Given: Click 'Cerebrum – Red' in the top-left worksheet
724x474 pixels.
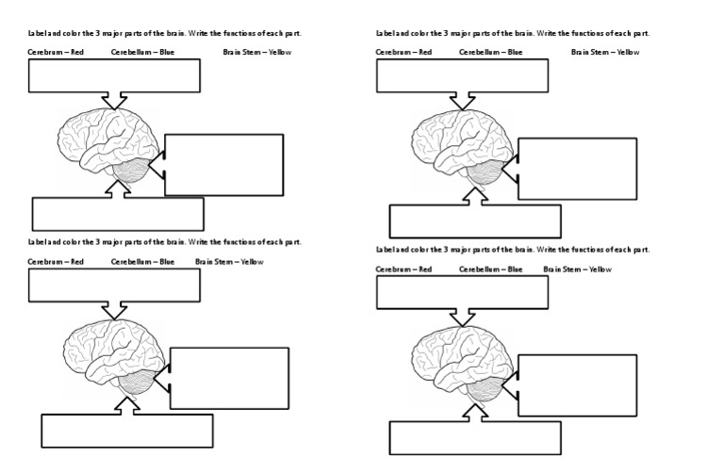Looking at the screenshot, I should pyautogui.click(x=56, y=52).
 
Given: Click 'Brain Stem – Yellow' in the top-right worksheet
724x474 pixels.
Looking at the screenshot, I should pyautogui.click(x=604, y=52).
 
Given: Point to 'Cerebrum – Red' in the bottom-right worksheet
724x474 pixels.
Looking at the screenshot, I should pyautogui.click(x=403, y=270).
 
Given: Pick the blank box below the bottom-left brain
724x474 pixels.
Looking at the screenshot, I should pyautogui.click(x=126, y=431).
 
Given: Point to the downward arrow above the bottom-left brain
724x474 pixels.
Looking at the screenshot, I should pyautogui.click(x=115, y=309).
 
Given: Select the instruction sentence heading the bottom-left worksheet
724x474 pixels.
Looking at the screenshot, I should pyautogui.click(x=165, y=242).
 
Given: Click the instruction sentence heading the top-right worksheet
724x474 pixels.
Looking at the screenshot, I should pyautogui.click(x=513, y=34).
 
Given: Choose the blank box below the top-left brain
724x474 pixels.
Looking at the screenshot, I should pyautogui.click(x=118, y=214).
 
